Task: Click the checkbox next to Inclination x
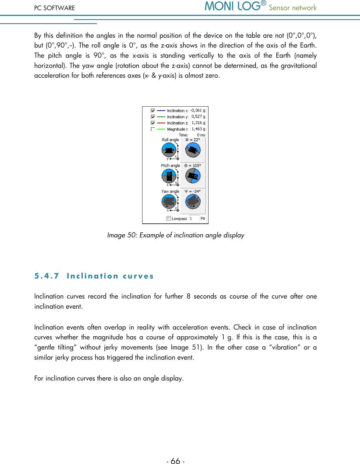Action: pyautogui.click(x=153, y=111)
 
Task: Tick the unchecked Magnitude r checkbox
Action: pyautogui.click(x=153, y=129)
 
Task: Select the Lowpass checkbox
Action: pyautogui.click(x=169, y=219)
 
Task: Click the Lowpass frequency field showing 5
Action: pyautogui.click(x=194, y=219)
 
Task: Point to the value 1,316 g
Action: pyautogui.click(x=198, y=123)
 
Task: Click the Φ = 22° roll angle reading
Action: pyautogui.click(x=193, y=140)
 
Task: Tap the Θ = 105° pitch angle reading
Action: pyautogui.click(x=193, y=166)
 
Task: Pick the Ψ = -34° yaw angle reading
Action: pyautogui.click(x=193, y=192)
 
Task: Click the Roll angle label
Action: pyautogui.click(x=170, y=140)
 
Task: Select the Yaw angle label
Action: pyautogui.click(x=170, y=192)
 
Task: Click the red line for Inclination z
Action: pyautogui.click(x=161, y=123)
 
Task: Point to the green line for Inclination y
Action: pyautogui.click(x=161, y=117)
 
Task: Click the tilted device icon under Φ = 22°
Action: pyautogui.click(x=193, y=150)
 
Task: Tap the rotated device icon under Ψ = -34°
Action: pyautogui.click(x=193, y=201)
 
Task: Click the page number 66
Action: pyautogui.click(x=176, y=461)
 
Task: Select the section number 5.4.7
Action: pyautogui.click(x=47, y=276)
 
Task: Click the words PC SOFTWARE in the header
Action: pyautogui.click(x=55, y=8)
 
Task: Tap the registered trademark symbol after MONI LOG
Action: pyautogui.click(x=263, y=3)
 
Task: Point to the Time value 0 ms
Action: pyautogui.click(x=201, y=135)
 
